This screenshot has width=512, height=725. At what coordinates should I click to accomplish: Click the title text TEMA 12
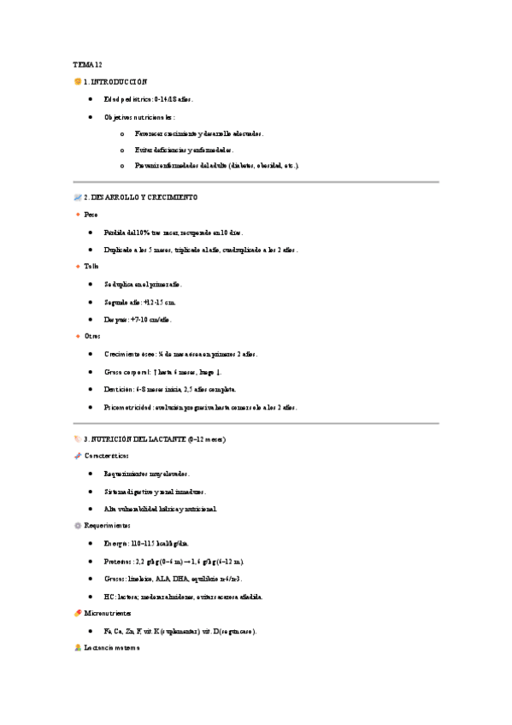[x=87, y=64]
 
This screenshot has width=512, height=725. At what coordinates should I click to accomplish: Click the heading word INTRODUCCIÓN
[x=121, y=81]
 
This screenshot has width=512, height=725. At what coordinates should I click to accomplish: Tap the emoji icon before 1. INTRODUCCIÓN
[x=78, y=81]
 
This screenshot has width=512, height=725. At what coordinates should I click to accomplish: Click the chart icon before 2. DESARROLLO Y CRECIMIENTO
[x=78, y=197]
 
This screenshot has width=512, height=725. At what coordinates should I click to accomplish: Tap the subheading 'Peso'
[x=91, y=215]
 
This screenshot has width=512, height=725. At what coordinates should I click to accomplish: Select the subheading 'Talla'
[x=91, y=267]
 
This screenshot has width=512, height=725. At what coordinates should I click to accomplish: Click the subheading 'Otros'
[x=91, y=336]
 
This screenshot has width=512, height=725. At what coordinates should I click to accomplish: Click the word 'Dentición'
[x=121, y=389]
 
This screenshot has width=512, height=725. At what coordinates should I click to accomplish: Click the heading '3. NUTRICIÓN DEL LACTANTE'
[x=154, y=439]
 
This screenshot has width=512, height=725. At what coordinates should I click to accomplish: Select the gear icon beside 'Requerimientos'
[x=78, y=526]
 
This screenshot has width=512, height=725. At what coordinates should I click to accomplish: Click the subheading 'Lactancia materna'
[x=112, y=649]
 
